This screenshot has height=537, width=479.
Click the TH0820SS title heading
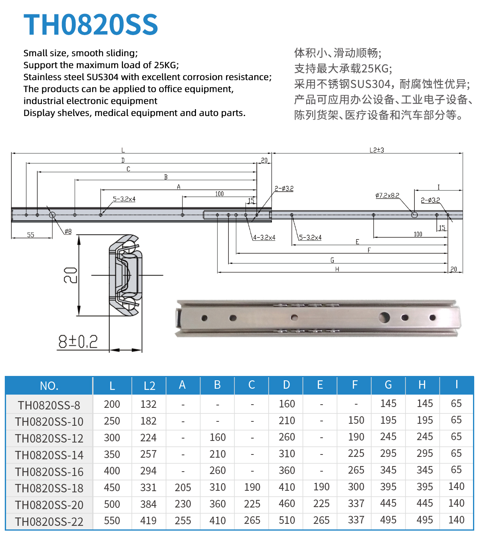click(x=91, y=24)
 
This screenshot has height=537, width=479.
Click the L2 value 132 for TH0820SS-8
click(x=148, y=404)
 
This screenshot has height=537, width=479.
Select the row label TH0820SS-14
click(x=49, y=455)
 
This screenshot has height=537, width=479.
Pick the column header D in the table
click(x=286, y=385)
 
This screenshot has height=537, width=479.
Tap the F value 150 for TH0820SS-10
click(x=356, y=420)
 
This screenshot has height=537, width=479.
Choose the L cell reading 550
click(x=112, y=521)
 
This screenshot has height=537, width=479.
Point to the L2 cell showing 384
click(x=148, y=504)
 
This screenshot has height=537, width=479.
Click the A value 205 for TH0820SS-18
click(x=183, y=487)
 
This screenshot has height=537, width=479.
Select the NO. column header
click(x=49, y=386)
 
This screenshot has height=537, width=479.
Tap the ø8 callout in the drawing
click(x=68, y=231)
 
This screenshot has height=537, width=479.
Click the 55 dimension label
click(x=30, y=235)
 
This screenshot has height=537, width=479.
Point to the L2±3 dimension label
click(x=376, y=150)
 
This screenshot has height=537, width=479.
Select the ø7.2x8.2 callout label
click(x=387, y=195)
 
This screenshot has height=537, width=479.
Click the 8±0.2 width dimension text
click(x=78, y=342)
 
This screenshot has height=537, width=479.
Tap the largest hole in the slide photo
click(x=384, y=317)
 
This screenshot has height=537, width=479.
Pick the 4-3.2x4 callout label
click(x=264, y=238)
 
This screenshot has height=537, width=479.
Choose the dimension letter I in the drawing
click(x=438, y=187)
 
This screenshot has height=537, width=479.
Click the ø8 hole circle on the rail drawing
click(x=52, y=215)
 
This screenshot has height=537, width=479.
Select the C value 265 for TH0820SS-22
click(x=252, y=521)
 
